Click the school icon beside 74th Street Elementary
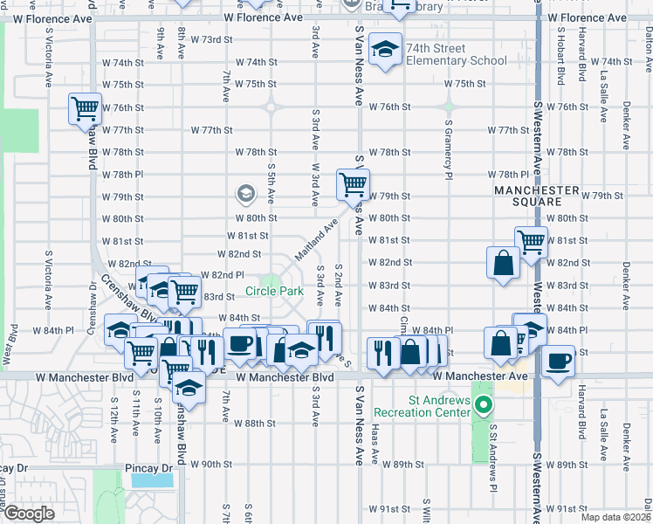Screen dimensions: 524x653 pyautogui.click(x=383, y=51)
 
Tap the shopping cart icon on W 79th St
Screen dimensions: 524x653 pyautogui.click(x=353, y=184)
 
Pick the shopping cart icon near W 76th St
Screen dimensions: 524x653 pyautogui.click(x=85, y=109)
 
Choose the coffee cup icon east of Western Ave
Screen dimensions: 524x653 pyautogui.click(x=558, y=360)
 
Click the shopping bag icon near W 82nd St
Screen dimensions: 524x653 pyautogui.click(x=504, y=263)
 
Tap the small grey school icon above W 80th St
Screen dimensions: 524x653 pyautogui.click(x=245, y=193)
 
